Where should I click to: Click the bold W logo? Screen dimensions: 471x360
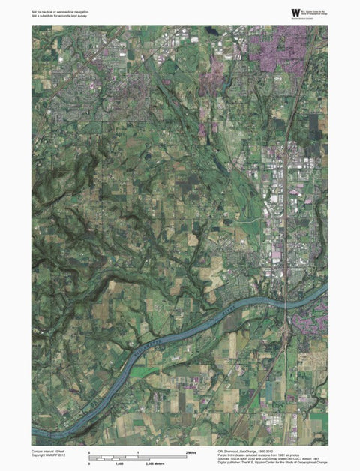[x=295, y=12]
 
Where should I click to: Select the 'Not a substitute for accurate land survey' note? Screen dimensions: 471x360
[x=60, y=16]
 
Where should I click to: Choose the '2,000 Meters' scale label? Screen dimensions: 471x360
[x=155, y=465]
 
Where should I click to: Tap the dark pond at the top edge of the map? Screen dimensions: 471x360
[x=212, y=31]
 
